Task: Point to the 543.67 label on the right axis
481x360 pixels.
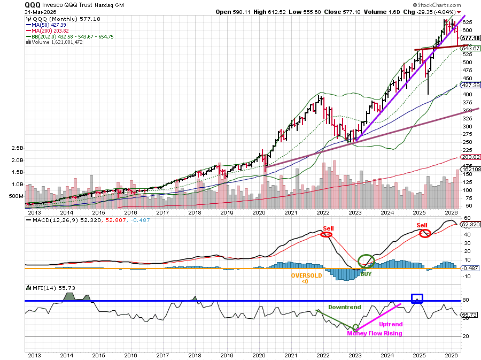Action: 469,48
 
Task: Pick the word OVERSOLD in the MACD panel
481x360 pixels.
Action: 306,276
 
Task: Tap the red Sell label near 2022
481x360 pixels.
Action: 328,228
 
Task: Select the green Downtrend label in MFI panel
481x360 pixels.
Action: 344,308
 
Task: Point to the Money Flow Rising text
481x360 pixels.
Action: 374,333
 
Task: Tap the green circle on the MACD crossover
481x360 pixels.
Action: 366,261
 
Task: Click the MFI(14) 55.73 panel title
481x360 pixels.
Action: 44,288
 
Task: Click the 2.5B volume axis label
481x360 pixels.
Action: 17,148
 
